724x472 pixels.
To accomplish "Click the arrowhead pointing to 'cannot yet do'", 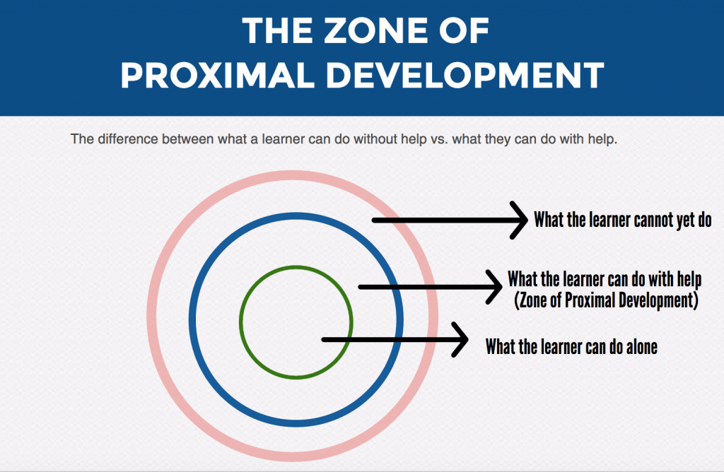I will coord(522,220).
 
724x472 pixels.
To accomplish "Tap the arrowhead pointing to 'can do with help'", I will coord(495,286).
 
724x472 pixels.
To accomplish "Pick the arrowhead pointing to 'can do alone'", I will coord(462,340).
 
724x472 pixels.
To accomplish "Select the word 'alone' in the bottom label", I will coord(638,347).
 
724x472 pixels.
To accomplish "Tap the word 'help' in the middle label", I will coord(686,278).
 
